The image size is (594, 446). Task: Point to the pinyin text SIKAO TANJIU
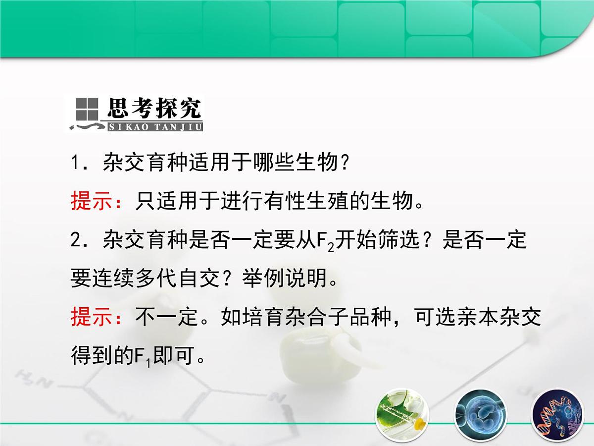click(x=155, y=127)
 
